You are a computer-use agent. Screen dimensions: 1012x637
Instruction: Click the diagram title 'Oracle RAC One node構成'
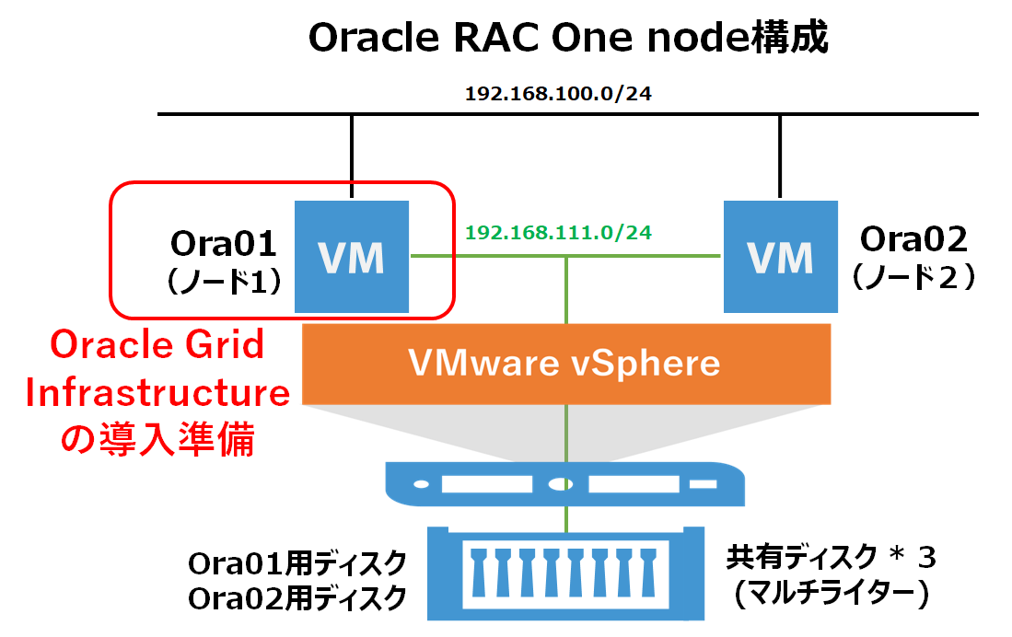click(x=568, y=38)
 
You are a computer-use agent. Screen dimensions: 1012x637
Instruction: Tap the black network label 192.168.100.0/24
click(x=558, y=94)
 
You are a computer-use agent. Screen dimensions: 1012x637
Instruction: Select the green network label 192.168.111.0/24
click(x=558, y=232)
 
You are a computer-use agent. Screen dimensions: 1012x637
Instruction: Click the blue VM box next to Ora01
click(x=352, y=257)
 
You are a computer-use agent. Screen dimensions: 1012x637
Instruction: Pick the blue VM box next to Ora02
click(x=781, y=257)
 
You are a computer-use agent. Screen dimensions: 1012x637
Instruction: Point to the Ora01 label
click(x=224, y=244)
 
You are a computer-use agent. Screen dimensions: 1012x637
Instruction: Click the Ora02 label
click(x=913, y=239)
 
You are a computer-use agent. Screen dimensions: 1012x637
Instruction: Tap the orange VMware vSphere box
click(x=566, y=364)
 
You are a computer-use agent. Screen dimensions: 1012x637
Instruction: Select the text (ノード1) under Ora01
click(x=224, y=282)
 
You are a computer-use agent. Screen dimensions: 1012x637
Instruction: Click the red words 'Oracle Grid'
click(x=157, y=344)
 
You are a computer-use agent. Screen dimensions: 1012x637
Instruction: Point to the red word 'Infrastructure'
click(x=157, y=392)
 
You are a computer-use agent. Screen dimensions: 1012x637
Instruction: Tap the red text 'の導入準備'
click(x=157, y=439)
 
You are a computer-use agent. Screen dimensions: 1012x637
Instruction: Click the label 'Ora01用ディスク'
click(x=297, y=563)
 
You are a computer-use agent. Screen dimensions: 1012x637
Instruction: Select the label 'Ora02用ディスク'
click(x=297, y=598)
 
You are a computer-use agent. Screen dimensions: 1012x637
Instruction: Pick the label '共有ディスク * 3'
click(x=832, y=558)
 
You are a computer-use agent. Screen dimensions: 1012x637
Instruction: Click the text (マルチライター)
click(x=832, y=593)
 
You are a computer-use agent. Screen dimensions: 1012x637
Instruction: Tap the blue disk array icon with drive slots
click(x=566, y=573)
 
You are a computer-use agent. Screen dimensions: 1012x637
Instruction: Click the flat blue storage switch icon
click(x=564, y=484)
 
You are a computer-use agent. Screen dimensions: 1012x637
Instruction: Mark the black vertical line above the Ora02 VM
click(x=780, y=156)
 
